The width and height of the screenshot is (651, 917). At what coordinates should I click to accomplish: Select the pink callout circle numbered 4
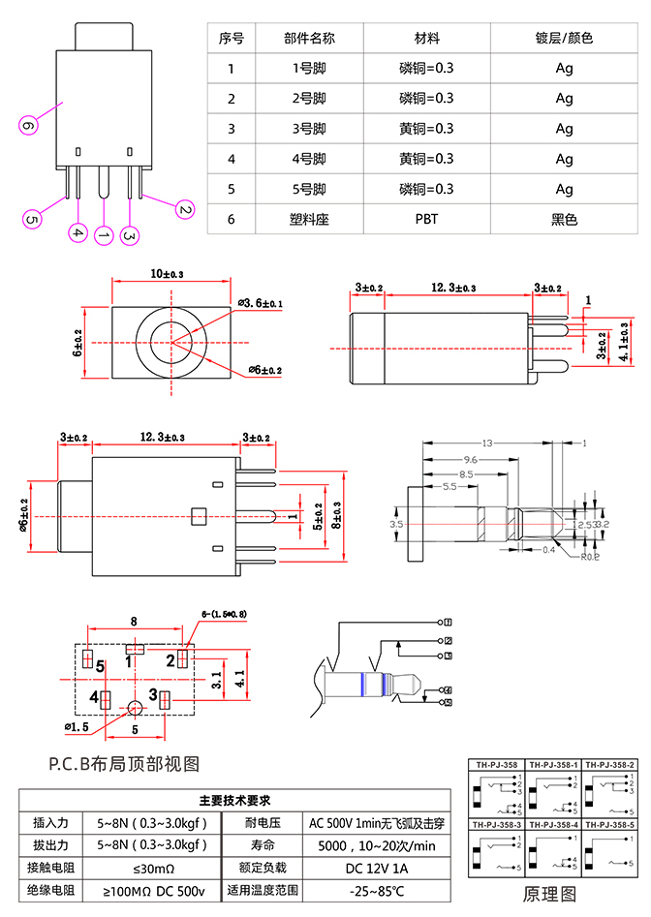point(78,232)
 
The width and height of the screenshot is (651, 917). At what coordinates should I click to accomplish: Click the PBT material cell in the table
point(426,219)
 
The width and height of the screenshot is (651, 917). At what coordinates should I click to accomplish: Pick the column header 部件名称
point(310,39)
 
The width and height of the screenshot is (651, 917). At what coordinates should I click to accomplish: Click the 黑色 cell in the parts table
point(564,219)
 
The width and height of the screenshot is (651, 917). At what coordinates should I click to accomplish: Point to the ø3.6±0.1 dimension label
point(261,304)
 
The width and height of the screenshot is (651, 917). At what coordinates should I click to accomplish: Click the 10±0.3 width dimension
point(166,275)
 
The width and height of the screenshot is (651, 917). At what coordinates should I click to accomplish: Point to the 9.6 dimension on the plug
point(469,458)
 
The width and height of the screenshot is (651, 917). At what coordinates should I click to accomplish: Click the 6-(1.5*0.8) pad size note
point(224,614)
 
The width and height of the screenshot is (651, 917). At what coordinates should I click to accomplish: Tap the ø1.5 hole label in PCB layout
point(77,725)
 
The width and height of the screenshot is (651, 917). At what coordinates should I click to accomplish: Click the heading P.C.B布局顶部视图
point(124,764)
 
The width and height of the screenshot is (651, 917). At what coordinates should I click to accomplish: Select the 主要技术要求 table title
point(233,801)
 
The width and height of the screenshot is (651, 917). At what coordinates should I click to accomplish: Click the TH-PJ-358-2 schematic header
point(610,764)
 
